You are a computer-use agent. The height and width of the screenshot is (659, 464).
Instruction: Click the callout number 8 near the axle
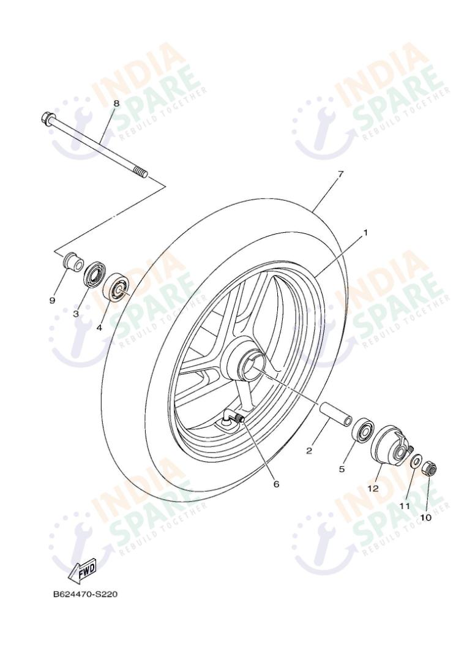pyautogui.click(x=116, y=103)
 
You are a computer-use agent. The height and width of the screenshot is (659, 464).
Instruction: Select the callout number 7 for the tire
pyautogui.click(x=340, y=174)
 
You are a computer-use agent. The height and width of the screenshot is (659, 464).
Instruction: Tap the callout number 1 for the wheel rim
pyautogui.click(x=365, y=233)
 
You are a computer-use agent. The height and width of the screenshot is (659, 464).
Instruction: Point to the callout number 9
pyautogui.click(x=52, y=300)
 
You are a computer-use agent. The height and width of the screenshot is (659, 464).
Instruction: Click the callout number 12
pyautogui.click(x=373, y=488)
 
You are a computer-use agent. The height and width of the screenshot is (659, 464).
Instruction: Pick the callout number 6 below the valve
pyautogui.click(x=276, y=484)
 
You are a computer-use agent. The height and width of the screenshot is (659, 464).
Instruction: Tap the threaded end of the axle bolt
pyautogui.click(x=141, y=173)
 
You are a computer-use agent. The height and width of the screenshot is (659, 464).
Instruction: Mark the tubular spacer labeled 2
pyautogui.click(x=335, y=413)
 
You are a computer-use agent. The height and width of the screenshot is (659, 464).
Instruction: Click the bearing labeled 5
pyautogui.click(x=363, y=428)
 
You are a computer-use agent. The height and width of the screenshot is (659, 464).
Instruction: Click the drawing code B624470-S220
pyautogui.click(x=85, y=595)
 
